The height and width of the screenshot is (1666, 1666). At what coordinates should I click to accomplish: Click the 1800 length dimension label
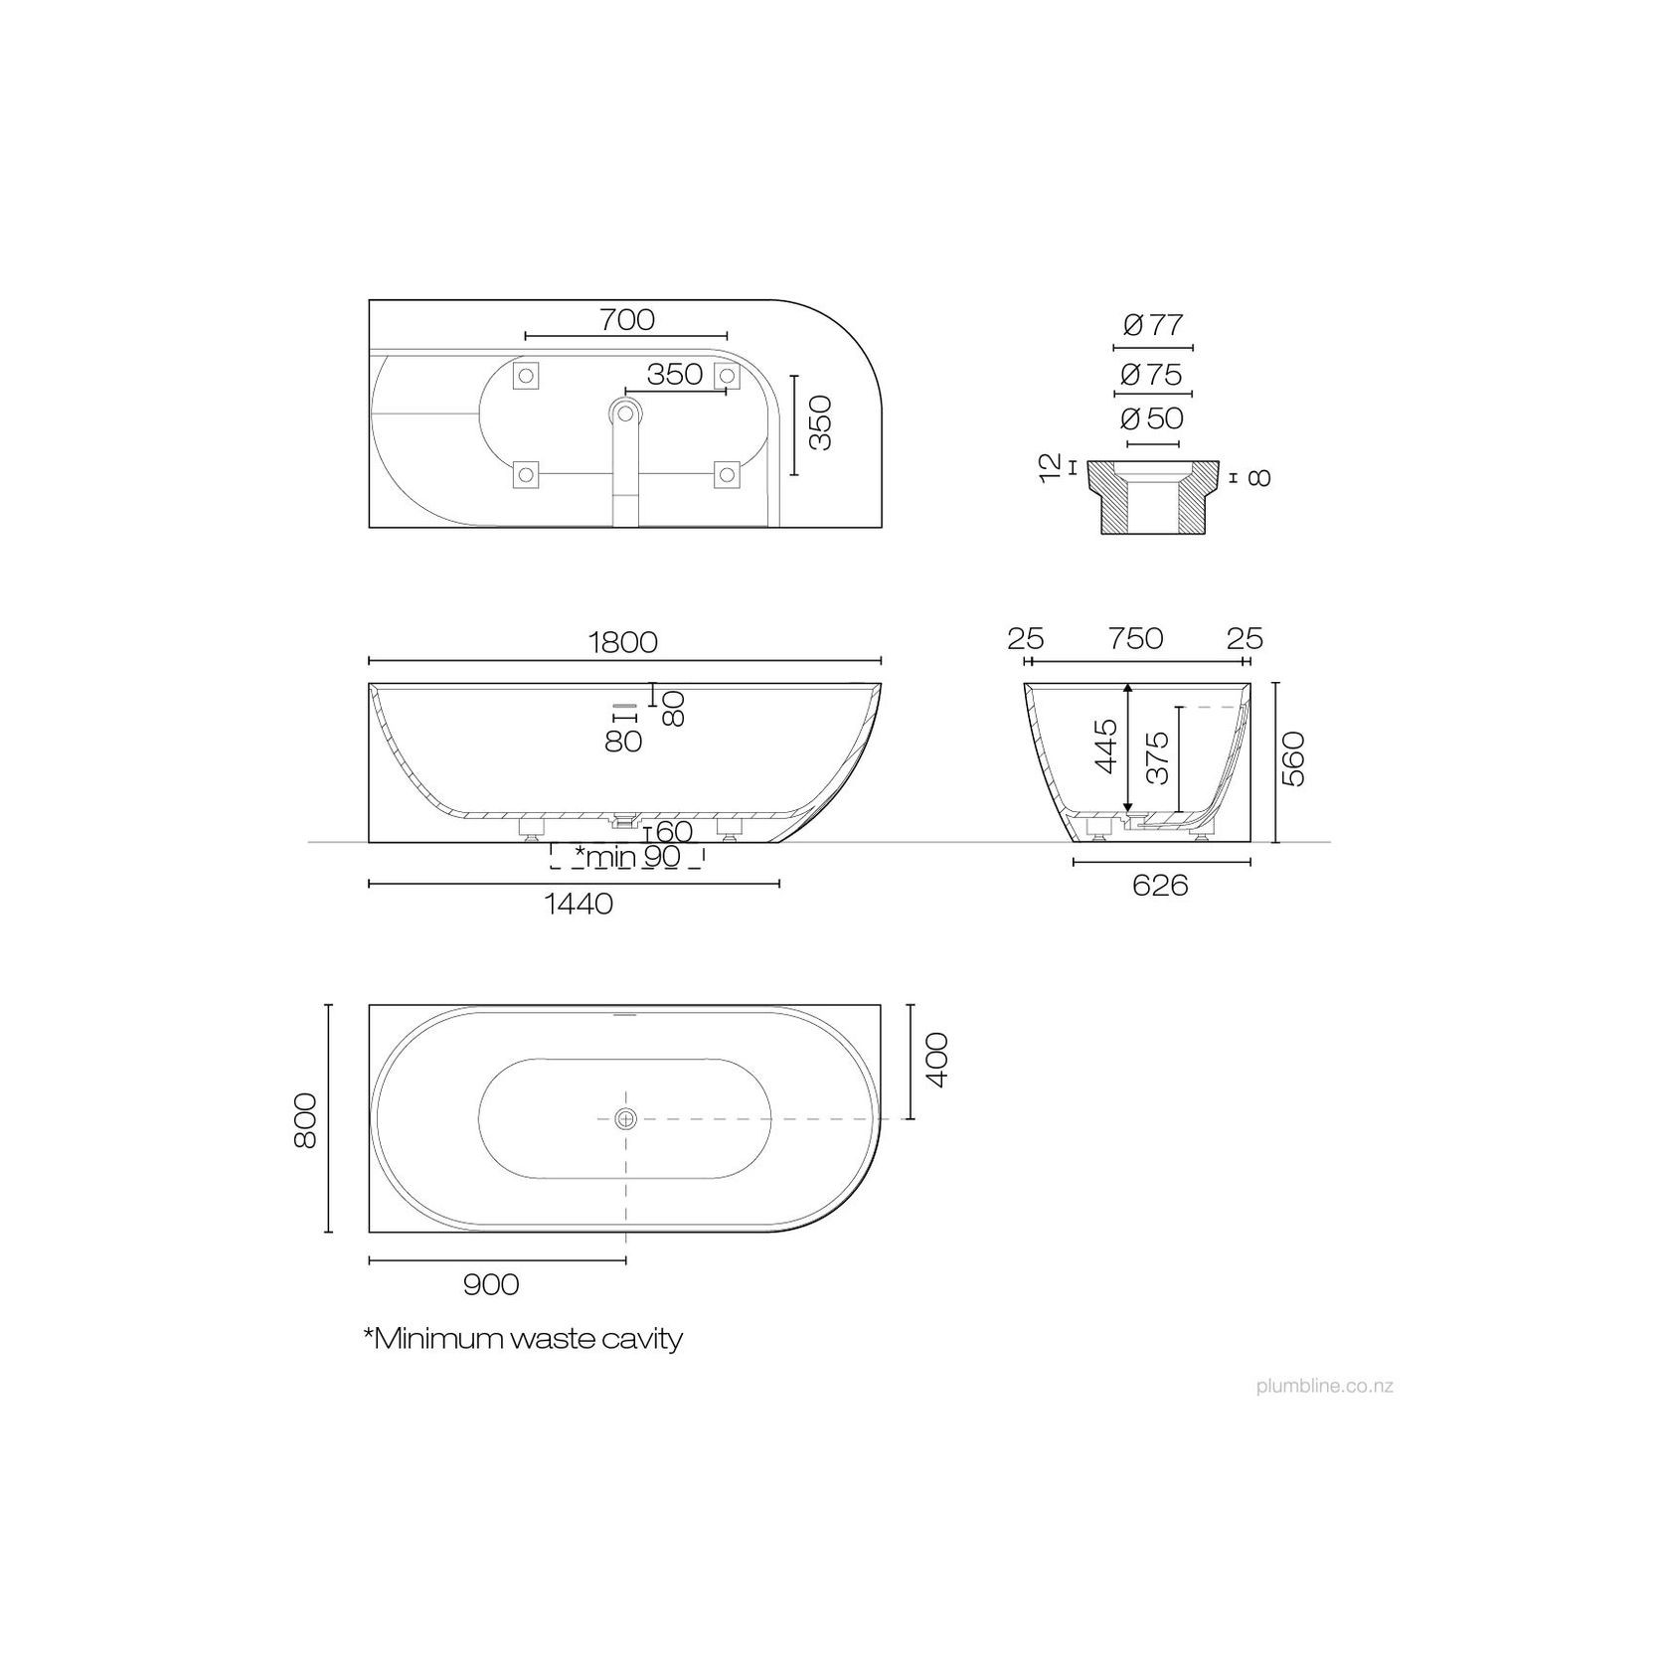624,642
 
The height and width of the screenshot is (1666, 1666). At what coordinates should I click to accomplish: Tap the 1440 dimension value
579,904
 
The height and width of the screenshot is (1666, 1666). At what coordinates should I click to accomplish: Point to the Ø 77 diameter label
1153,325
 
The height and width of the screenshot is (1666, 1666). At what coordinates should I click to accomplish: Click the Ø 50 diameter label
1153,418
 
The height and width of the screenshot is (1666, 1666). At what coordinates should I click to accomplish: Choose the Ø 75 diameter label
1153,375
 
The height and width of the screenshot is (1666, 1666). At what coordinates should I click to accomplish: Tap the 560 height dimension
1293,758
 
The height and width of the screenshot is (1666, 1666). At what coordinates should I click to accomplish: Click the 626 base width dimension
1161,885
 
